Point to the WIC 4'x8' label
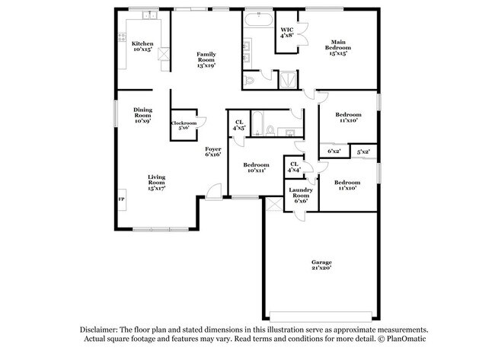pos(287,33)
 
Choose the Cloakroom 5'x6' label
pos(184,125)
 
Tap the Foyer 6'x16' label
pos(212,151)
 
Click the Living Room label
pos(156,183)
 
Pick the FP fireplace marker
pos(120,199)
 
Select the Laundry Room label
pos(301,196)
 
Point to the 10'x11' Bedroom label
pos(256,167)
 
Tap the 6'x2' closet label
pos(334,151)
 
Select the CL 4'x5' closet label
pos(239,125)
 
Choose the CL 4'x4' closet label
pos(294,165)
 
